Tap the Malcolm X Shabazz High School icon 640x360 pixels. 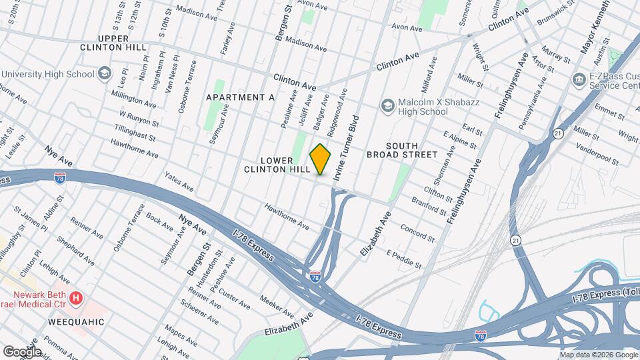click(x=387, y=105)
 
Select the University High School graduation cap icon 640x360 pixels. click(x=105, y=73)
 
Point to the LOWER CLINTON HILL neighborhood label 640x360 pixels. click(x=277, y=165)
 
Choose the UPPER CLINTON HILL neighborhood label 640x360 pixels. click(x=113, y=43)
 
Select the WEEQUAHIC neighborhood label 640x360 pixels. click(x=76, y=322)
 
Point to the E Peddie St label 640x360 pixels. click(x=404, y=259)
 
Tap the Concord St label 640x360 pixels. click(x=417, y=233)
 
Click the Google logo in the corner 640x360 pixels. click(x=22, y=351)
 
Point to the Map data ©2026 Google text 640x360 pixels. click(x=597, y=355)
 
